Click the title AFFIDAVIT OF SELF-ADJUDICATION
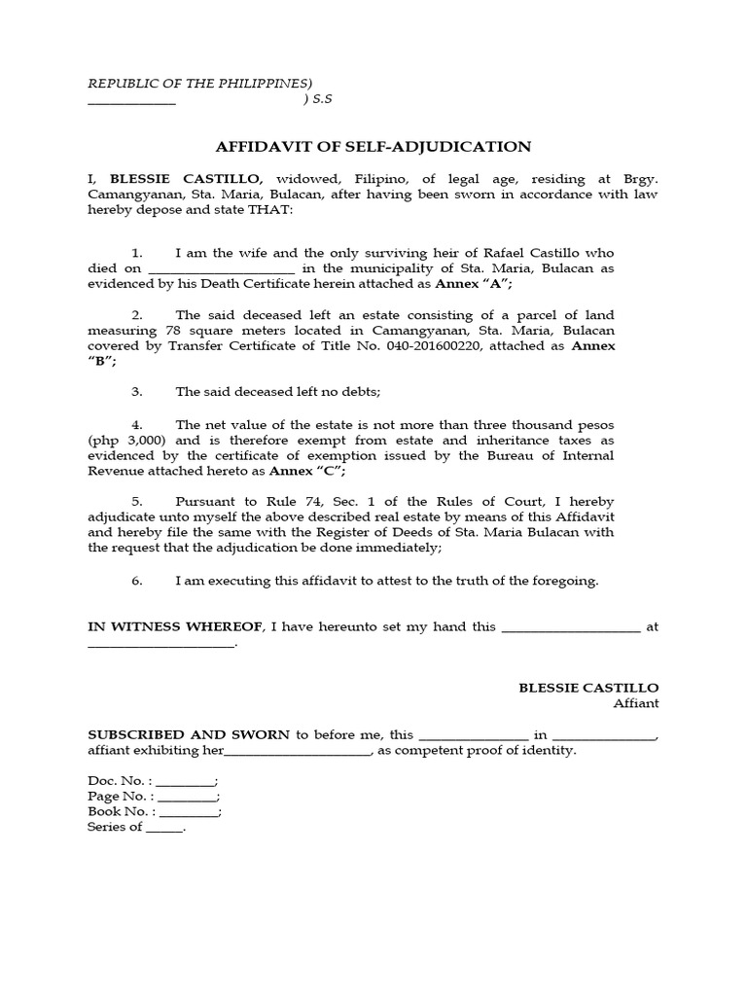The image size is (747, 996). [x=373, y=147]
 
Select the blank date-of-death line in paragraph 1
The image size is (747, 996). [x=222, y=269]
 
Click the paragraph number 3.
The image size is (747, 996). [x=137, y=392]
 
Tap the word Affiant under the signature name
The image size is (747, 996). [x=635, y=703]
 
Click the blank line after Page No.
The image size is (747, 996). [x=187, y=798]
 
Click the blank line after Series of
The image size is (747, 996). [x=163, y=828]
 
